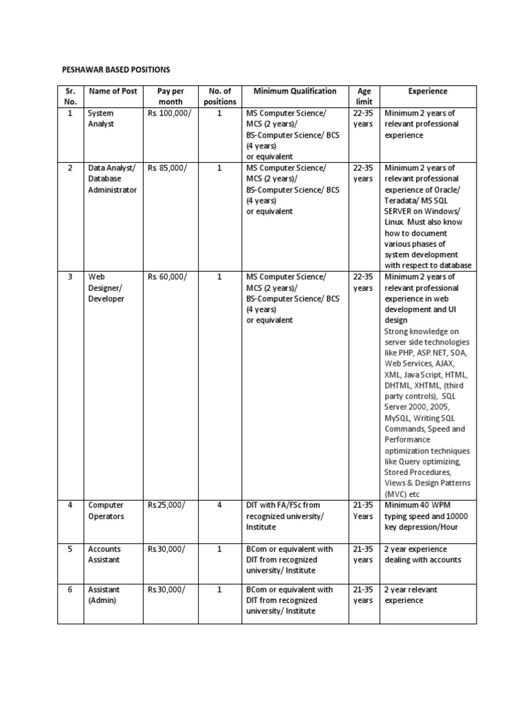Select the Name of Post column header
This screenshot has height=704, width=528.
(x=112, y=91)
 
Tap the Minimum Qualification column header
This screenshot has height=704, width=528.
(x=295, y=91)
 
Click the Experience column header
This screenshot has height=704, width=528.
(x=428, y=91)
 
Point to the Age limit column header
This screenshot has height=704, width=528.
(x=364, y=96)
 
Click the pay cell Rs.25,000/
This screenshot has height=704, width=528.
(x=166, y=505)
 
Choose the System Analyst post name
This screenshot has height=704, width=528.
(x=100, y=119)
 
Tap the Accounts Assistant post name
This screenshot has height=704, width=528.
(x=104, y=554)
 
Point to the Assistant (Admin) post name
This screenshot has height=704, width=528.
(x=104, y=595)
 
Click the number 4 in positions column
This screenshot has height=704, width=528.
(x=219, y=505)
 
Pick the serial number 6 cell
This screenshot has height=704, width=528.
(x=69, y=589)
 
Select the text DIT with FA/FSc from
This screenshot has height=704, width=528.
(x=287, y=505)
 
